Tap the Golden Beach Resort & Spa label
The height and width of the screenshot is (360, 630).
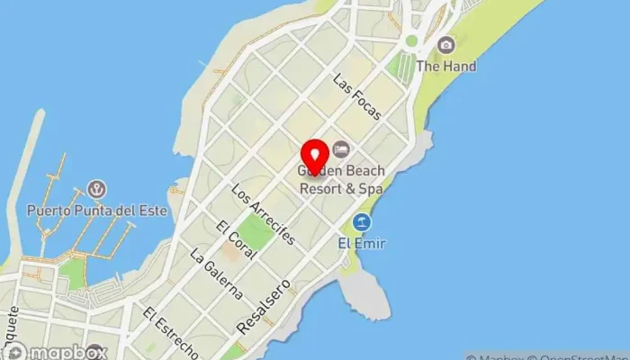[x=341, y=180]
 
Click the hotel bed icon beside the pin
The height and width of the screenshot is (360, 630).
[x=341, y=148]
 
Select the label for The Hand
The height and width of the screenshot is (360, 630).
[x=446, y=67]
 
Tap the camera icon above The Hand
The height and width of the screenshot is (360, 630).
[x=445, y=44]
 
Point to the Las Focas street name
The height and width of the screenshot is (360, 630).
[x=356, y=96]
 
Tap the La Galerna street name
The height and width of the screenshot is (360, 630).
[x=217, y=274]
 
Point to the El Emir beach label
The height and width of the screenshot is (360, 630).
[x=360, y=242]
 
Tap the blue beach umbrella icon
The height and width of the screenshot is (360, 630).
[x=362, y=221]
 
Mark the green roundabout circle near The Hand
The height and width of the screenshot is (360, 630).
[x=411, y=40]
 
